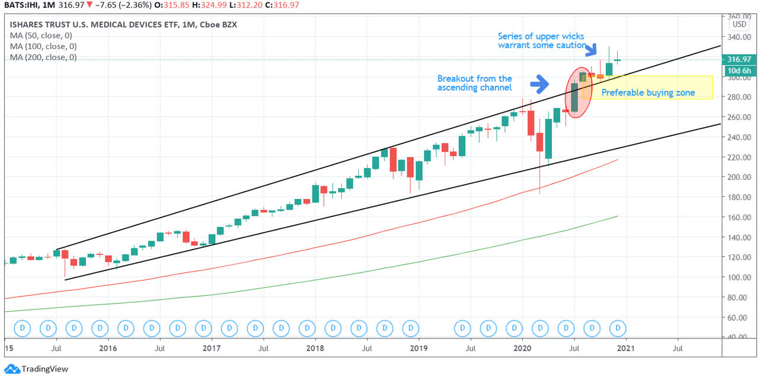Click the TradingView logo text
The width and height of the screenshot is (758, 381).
tap(44, 369)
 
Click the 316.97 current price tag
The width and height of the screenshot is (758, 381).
tap(739, 59)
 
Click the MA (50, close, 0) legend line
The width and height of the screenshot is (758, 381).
tap(43, 35)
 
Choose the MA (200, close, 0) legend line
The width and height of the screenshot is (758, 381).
tap(43, 57)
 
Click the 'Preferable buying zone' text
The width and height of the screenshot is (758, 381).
tap(648, 92)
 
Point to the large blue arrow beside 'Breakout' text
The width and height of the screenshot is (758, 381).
tap(539, 84)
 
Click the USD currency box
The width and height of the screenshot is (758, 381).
tap(739, 25)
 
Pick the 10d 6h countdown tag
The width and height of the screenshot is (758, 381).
tap(739, 71)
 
